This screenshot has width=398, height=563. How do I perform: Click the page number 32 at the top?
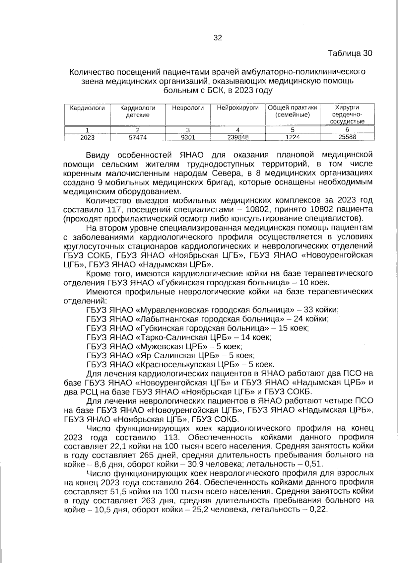pyautogui.click(x=218, y=38)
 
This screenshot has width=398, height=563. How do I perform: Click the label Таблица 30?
pyautogui.click(x=350, y=53)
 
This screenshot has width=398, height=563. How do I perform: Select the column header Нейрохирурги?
pyautogui.click(x=237, y=108)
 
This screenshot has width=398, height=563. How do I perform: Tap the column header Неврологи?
pyautogui.click(x=187, y=108)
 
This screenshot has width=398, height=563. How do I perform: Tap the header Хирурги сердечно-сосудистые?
pyautogui.click(x=347, y=114)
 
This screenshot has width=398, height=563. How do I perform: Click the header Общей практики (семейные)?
pyautogui.click(x=292, y=111)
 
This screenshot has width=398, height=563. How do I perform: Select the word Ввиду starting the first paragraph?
pyautogui.click(x=97, y=155)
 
